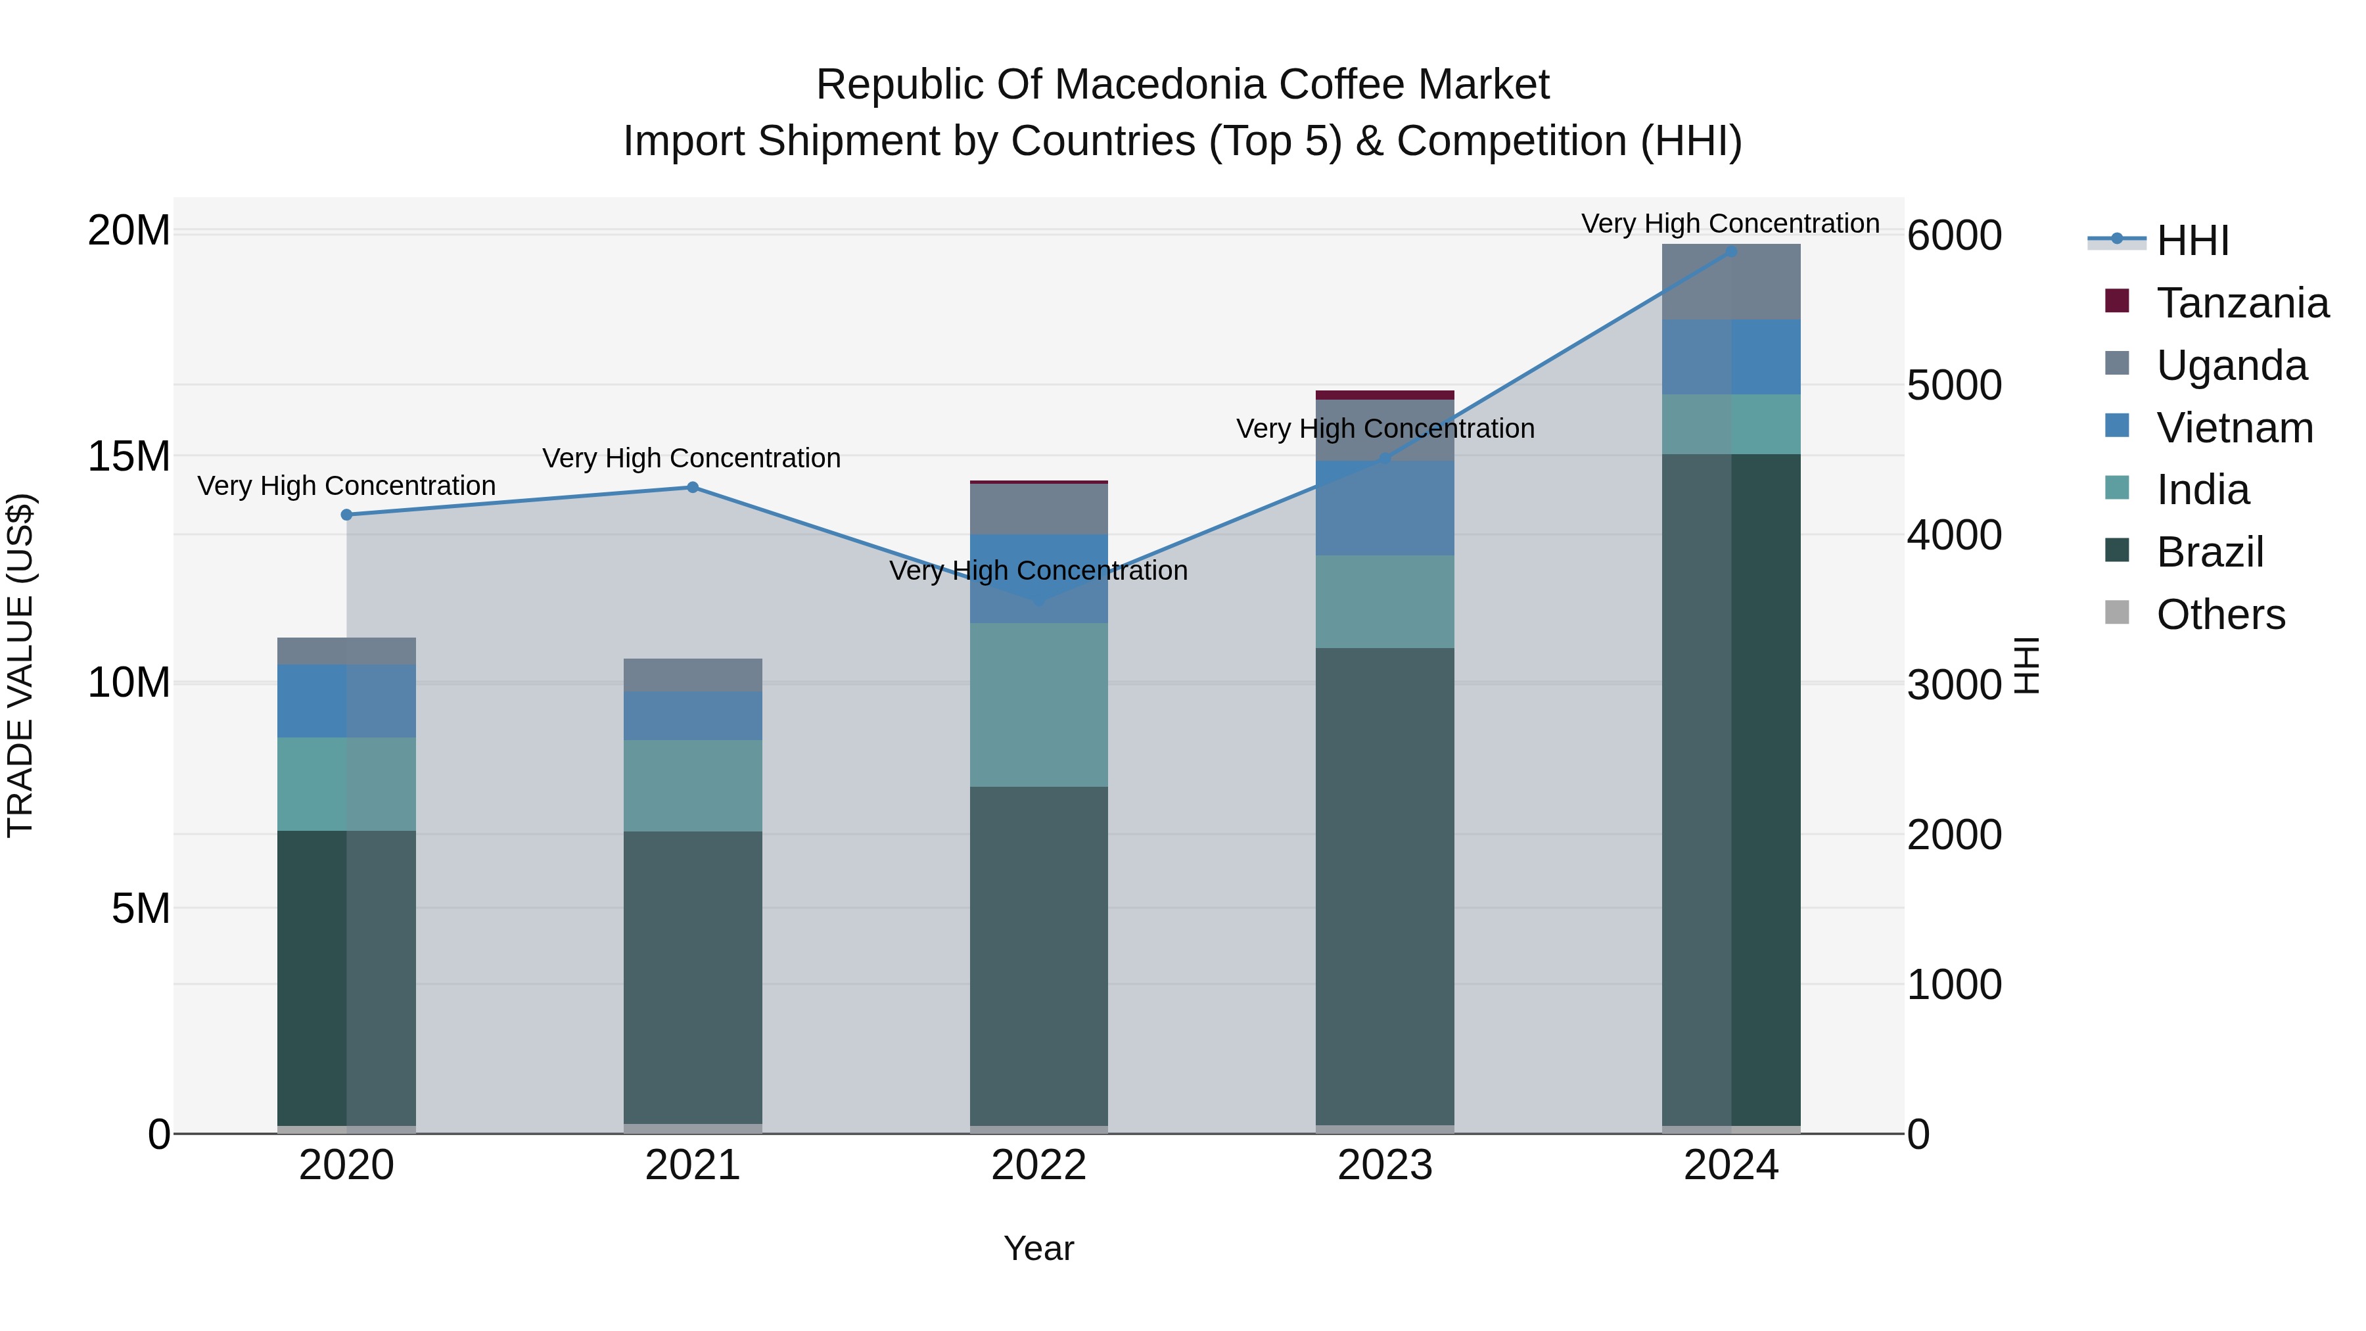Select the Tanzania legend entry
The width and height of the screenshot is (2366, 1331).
pyautogui.click(x=2241, y=303)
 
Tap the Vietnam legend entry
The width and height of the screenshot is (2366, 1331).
pyautogui.click(x=2234, y=428)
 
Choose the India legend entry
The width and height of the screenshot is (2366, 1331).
pyautogui.click(x=2202, y=490)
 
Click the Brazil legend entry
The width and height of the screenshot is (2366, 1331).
pyautogui.click(x=2209, y=553)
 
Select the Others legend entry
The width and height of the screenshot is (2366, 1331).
pyautogui.click(x=2220, y=615)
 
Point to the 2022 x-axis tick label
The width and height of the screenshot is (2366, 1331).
pyautogui.click(x=1039, y=1165)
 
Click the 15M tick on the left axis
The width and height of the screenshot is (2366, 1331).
pyautogui.click(x=129, y=457)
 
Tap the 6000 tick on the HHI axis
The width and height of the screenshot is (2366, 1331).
pyautogui.click(x=1955, y=235)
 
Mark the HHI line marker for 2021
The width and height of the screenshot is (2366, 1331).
pyautogui.click(x=693, y=488)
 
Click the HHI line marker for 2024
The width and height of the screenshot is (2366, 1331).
pyautogui.click(x=1731, y=251)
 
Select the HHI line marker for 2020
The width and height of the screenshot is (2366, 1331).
pyautogui.click(x=346, y=515)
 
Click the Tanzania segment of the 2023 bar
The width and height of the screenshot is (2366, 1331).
pyautogui.click(x=1385, y=395)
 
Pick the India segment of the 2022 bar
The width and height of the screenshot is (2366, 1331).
pyautogui.click(x=1039, y=705)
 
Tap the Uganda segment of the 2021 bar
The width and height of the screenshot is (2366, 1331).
pyautogui.click(x=693, y=675)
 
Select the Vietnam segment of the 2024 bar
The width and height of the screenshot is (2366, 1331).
pyautogui.click(x=1731, y=358)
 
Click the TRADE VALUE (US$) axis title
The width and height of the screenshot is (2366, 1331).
pyautogui.click(x=20, y=665)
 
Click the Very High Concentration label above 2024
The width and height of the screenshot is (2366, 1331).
pyautogui.click(x=1730, y=224)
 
